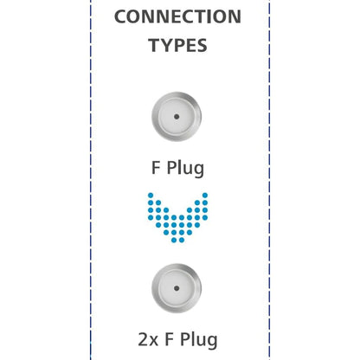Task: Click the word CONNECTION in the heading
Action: click(177, 16)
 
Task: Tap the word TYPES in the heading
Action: click(177, 45)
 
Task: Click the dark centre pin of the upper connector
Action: click(177, 117)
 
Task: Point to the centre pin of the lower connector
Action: click(177, 288)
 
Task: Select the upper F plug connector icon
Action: click(177, 117)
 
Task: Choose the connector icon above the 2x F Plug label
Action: click(177, 288)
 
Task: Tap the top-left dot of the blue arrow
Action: click(151, 196)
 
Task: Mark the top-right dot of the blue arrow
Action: click(205, 196)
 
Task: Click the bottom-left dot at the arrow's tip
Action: click(174, 240)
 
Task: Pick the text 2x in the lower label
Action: click(148, 339)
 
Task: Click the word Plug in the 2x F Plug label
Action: click(199, 340)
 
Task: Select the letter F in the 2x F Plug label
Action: click(169, 339)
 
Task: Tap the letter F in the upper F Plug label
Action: click(156, 168)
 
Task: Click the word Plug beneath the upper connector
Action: click(186, 168)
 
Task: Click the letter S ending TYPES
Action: click(201, 46)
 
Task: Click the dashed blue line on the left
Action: click(91, 180)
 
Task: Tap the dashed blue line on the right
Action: click(269, 180)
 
